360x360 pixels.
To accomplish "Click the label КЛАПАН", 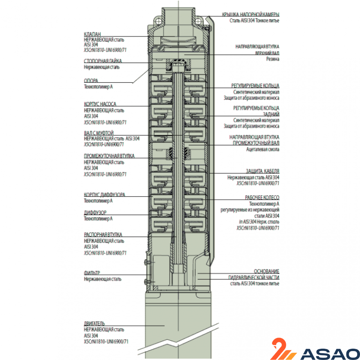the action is [92, 34].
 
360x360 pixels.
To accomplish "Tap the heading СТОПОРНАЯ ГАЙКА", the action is [103, 61].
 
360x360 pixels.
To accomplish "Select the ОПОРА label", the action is [91, 81].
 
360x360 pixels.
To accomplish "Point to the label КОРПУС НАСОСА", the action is [100, 104].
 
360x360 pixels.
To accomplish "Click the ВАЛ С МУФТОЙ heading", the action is [99, 133].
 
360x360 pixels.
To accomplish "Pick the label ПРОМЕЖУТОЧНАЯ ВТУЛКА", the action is [109, 156].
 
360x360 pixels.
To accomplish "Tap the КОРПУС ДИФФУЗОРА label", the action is [104, 194].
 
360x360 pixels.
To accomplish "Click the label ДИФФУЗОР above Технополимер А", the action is [95, 212].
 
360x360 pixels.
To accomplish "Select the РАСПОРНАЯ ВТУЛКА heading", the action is [103, 234].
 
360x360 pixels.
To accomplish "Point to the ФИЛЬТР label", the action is [92, 273].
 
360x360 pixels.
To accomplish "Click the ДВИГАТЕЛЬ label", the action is [94, 324].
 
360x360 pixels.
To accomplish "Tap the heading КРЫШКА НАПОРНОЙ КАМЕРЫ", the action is [251, 14].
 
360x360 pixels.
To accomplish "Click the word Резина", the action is [273, 59].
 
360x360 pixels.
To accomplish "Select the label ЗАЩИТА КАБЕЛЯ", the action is [263, 171].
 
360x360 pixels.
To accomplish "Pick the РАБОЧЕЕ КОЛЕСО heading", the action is [262, 198].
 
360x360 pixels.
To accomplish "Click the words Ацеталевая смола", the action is [263, 149].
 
